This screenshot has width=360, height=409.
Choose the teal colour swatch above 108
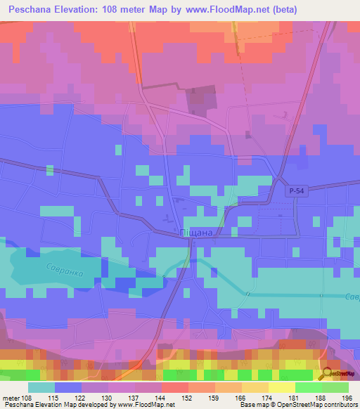pyautogui.click(x=41, y=387)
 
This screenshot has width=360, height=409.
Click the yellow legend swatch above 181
pyautogui.click(x=281, y=387)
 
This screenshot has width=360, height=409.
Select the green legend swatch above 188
pyautogui.click(x=308, y=387)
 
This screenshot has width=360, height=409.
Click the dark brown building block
pyautogui.click(x=202, y=99)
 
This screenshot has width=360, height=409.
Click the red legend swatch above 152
pyautogui.click(x=174, y=387)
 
